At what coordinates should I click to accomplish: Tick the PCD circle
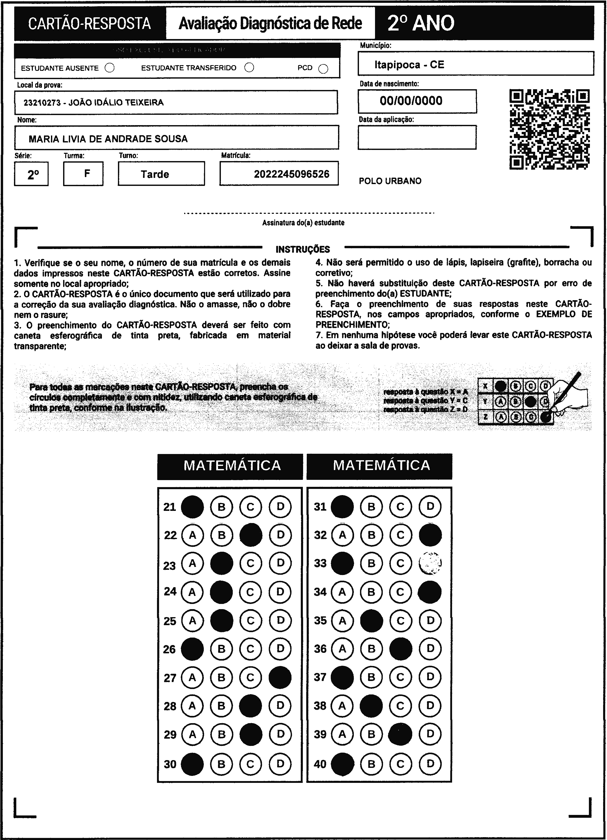323,69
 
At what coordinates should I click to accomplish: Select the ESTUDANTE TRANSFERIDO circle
249,67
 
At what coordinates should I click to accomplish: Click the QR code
550,129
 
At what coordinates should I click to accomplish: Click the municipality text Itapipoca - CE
409,65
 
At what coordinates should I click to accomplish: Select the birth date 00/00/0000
411,101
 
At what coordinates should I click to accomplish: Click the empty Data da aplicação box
417,137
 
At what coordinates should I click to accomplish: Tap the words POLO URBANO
390,181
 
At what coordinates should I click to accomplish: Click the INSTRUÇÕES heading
303,249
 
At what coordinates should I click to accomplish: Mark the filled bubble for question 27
280,677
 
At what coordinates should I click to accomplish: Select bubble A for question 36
342,648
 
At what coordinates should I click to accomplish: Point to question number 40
320,764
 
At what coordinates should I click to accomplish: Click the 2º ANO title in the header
421,23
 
